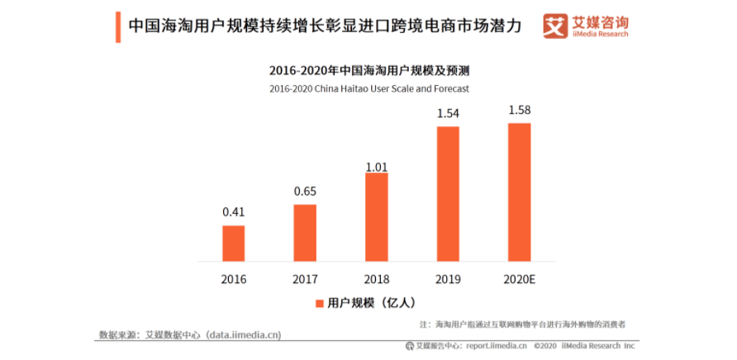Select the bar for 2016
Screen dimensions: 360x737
point(233,243)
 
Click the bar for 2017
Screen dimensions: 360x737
point(305,232)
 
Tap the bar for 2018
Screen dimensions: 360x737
point(376,216)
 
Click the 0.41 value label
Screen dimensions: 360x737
point(233,212)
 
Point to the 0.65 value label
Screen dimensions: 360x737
point(305,191)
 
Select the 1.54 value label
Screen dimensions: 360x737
point(448,113)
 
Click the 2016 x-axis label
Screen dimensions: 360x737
point(233,279)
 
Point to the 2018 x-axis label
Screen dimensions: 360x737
point(376,279)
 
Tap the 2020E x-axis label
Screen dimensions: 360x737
point(520,279)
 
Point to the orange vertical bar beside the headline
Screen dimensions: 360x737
point(117,26)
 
